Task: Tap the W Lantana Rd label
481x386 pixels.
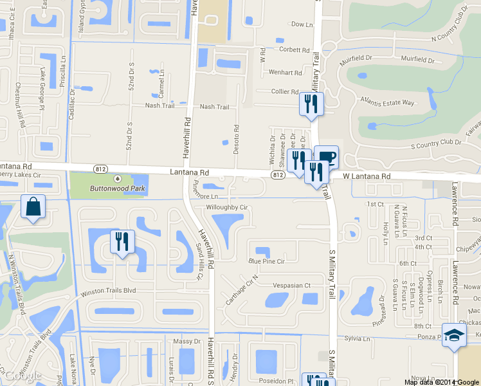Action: click(x=367, y=176)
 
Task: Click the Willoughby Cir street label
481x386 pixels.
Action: click(x=226, y=208)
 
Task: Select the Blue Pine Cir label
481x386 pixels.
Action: click(x=266, y=262)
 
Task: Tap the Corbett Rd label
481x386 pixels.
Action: click(x=295, y=49)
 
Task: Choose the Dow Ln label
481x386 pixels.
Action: click(x=302, y=24)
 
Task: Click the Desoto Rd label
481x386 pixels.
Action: click(x=236, y=136)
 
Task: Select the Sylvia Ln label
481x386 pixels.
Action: click(x=358, y=338)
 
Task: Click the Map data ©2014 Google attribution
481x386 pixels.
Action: click(x=442, y=382)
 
